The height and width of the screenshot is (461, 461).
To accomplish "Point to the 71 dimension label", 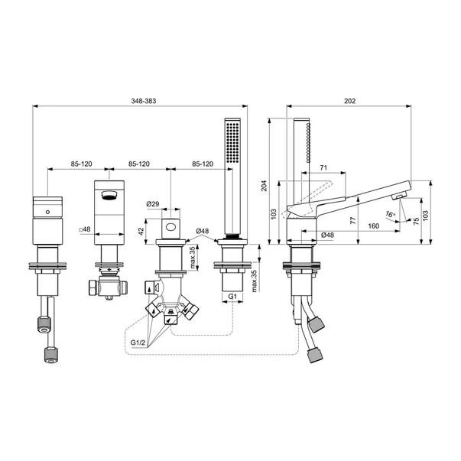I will pyautogui.click(x=323, y=167).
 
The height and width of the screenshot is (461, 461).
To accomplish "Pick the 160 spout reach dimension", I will pyautogui.click(x=374, y=226).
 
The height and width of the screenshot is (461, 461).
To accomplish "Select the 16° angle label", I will pyautogui.click(x=391, y=216).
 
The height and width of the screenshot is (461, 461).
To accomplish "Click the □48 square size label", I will pyautogui.click(x=84, y=228).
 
